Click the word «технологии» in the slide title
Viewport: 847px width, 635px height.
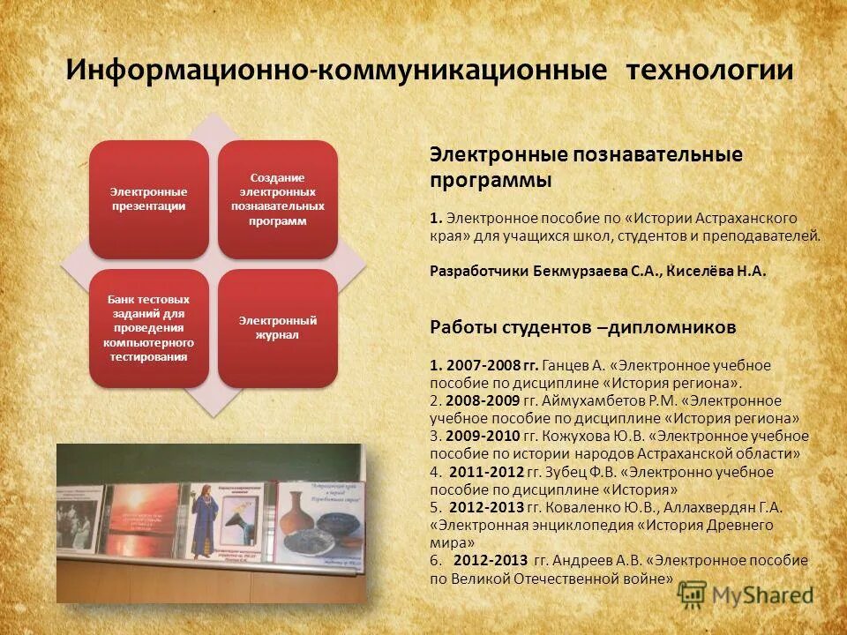click(710, 70)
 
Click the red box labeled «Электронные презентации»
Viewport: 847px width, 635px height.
click(148, 198)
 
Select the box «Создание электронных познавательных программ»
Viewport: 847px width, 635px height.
click(278, 198)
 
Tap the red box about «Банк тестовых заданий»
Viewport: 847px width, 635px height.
click(148, 327)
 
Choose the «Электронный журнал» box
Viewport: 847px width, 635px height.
click(278, 327)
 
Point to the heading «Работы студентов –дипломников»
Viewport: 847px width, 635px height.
click(582, 327)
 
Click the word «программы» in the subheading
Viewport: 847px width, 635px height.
click(491, 180)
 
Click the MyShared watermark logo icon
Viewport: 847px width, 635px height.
click(693, 595)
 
